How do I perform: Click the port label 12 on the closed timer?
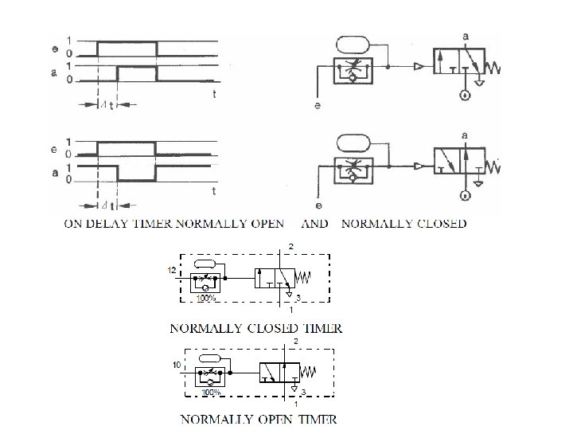(x=172, y=271)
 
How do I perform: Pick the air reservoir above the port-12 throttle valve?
(x=205, y=264)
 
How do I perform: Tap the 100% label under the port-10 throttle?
(x=210, y=392)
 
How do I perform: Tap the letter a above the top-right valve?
(x=465, y=35)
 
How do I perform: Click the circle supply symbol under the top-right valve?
(x=462, y=96)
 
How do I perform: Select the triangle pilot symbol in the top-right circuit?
(x=417, y=68)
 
